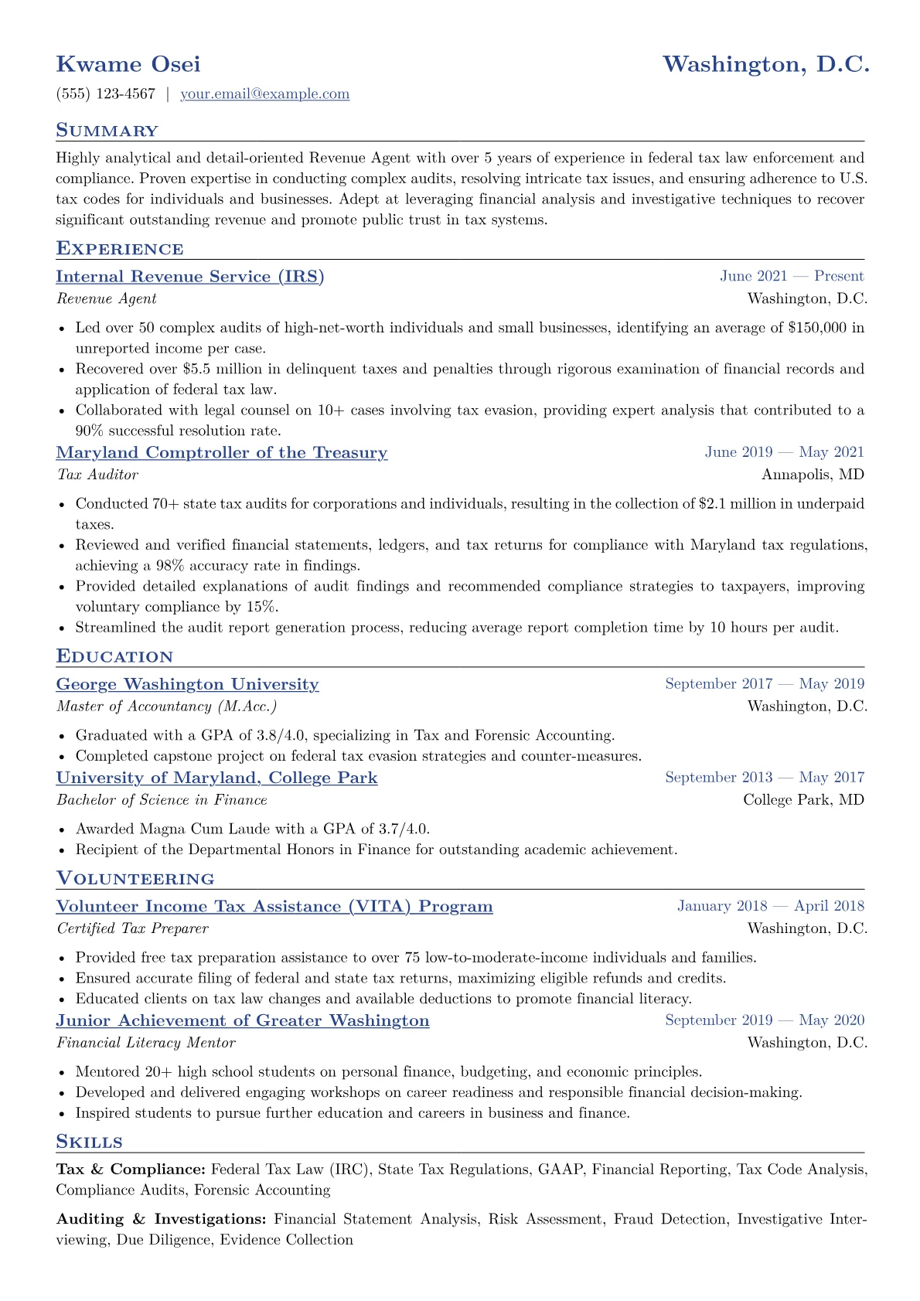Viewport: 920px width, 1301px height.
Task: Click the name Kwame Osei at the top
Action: [128, 64]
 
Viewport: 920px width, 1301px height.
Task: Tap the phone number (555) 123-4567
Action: [106, 94]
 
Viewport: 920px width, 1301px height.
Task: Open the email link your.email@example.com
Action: [264, 94]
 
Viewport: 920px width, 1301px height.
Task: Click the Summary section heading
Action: [107, 131]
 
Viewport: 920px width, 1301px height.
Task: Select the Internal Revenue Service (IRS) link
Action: [190, 277]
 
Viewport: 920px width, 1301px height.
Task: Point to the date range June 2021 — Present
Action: [792, 277]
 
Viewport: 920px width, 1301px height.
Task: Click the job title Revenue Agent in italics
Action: [107, 299]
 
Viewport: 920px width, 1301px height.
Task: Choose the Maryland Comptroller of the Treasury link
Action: [222, 453]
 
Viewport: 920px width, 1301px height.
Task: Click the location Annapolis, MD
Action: [813, 475]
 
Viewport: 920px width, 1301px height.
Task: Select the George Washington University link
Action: [187, 685]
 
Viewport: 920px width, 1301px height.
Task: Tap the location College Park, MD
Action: [803, 800]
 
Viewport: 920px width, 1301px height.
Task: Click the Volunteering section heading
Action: [135, 879]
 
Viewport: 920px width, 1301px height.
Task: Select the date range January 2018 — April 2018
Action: [771, 906]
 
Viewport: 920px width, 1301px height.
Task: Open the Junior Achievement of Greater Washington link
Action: [243, 1021]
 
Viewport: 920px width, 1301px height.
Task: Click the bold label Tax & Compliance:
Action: [131, 1170]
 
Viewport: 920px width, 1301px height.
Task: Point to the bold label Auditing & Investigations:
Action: [162, 1220]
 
